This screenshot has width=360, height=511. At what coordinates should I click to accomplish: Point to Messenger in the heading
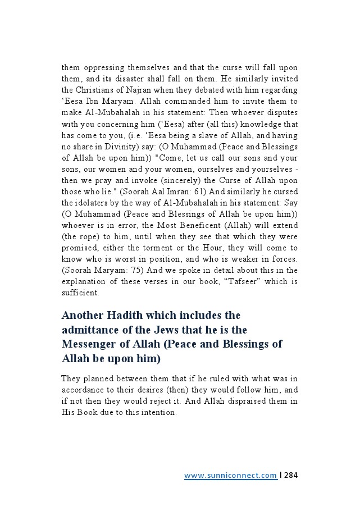pyautogui.click(x=94, y=344)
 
